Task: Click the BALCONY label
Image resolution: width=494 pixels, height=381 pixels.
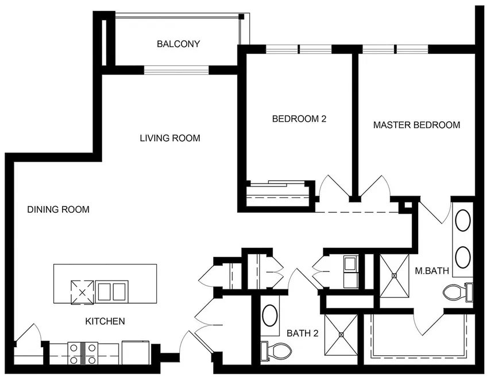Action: pos(178,44)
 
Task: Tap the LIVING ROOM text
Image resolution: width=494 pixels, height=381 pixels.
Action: pos(170,138)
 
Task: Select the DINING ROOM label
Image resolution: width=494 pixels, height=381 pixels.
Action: pos(59,209)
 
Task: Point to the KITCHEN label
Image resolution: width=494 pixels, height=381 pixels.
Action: pos(105,321)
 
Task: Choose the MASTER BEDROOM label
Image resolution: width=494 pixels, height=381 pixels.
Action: pos(416,125)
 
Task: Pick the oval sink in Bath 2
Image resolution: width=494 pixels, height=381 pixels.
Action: pos(269,316)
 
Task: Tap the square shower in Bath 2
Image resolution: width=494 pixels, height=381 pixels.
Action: pos(341,335)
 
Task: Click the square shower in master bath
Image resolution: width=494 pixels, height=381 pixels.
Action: pos(395,275)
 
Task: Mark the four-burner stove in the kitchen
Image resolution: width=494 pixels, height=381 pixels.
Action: pos(83,353)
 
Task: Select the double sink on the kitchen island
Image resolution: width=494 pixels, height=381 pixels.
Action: pos(112,291)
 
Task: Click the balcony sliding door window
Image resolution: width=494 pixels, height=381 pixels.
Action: pos(176,71)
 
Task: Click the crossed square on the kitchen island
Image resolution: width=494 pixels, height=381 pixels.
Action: pos(82,291)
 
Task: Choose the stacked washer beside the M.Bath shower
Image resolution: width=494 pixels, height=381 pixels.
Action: pos(351,272)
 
